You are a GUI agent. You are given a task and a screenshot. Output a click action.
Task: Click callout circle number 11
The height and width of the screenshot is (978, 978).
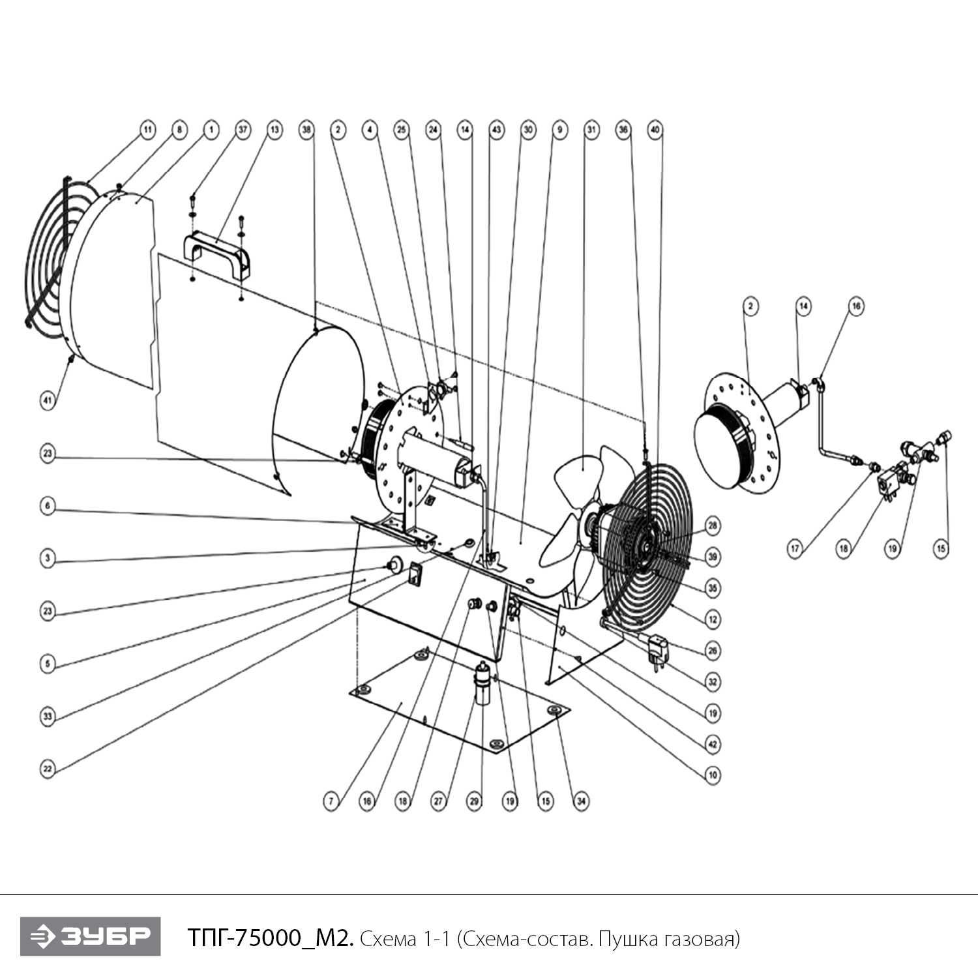point(147,130)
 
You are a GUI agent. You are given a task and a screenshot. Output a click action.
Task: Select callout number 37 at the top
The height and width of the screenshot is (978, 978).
point(243,130)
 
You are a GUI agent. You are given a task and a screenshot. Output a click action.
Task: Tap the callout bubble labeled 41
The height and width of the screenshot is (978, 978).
point(48,400)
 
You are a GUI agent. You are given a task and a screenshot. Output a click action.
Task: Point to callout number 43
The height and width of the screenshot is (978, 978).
point(497,130)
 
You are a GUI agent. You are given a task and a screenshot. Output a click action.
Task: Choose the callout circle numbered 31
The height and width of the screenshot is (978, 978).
point(591,130)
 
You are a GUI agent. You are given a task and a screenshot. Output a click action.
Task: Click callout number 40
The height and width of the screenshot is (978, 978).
point(655,130)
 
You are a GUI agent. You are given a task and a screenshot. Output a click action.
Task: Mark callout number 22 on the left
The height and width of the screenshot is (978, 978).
point(48,769)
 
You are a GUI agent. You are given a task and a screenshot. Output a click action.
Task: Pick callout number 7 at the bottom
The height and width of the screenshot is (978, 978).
point(331,801)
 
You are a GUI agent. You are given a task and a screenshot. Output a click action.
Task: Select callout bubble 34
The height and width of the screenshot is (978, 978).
point(581,801)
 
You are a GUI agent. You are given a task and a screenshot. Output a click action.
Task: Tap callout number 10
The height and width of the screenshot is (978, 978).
point(713,775)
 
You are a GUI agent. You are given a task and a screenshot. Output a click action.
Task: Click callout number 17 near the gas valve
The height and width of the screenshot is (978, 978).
point(795,549)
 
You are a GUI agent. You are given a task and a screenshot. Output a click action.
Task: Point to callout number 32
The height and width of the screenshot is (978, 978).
point(713,682)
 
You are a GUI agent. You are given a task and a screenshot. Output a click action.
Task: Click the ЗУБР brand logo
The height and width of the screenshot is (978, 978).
point(90,936)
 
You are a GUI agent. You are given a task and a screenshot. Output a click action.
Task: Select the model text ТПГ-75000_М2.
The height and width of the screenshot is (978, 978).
point(271,938)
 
